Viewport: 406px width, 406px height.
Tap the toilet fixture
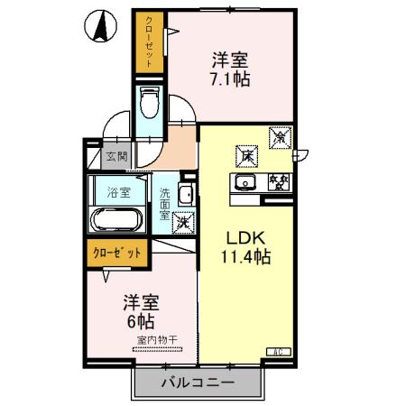click(x=151, y=103)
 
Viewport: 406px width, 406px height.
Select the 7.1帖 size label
click(x=231, y=78)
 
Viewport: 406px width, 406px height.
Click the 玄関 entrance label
click(x=116, y=156)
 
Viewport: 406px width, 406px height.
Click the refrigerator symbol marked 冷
click(x=281, y=138)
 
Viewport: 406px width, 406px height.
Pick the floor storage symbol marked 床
click(x=245, y=155)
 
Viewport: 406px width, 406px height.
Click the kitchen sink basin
click(x=245, y=184)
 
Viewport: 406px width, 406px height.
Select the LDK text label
click(x=243, y=239)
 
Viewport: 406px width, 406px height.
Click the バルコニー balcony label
click(x=198, y=383)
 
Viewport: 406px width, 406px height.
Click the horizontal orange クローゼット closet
click(x=115, y=254)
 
